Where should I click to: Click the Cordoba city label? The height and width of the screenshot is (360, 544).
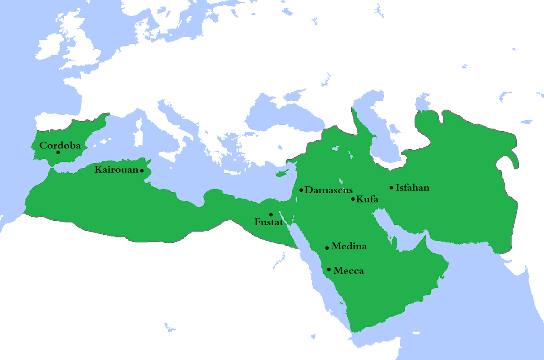point(60,146)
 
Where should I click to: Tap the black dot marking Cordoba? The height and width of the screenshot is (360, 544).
point(58,152)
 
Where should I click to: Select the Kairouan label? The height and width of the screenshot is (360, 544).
point(117,170)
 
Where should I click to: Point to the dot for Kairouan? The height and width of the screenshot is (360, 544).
point(142,171)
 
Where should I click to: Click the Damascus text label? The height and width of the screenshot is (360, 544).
point(329,190)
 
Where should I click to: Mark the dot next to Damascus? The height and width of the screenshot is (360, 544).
point(301,190)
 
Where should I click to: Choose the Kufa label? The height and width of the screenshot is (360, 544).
point(367,199)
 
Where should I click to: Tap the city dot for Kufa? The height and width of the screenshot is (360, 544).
point(353,199)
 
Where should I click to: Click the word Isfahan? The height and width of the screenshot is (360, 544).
point(412,188)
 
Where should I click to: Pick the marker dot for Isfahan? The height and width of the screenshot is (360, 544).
point(391,188)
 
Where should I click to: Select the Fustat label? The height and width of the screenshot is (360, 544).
point(269,223)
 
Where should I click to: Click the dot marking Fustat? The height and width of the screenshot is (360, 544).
point(271,214)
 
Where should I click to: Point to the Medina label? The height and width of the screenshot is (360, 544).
point(349,247)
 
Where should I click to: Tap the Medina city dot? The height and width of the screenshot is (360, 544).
point(327,248)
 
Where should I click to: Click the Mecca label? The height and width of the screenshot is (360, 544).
point(348,271)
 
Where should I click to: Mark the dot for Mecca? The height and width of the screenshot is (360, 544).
point(329,270)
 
